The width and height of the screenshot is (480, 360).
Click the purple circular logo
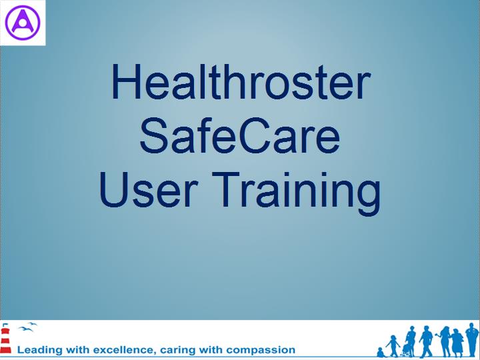(x=23, y=23)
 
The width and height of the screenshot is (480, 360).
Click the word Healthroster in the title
(x=241, y=81)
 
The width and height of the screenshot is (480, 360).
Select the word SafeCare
(x=240, y=136)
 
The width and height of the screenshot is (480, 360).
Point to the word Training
(x=296, y=193)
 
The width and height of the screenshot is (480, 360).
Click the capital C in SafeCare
(x=255, y=136)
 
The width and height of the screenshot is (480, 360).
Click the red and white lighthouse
(x=5, y=339)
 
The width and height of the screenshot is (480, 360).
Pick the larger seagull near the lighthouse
(x=25, y=329)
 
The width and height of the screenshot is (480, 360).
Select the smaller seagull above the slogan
(x=33, y=323)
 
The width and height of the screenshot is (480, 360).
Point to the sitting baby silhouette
(x=381, y=353)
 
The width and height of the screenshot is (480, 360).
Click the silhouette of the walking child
(x=393, y=346)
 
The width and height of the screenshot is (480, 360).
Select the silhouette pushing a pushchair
(x=409, y=341)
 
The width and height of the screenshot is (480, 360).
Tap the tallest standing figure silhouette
(x=472, y=340)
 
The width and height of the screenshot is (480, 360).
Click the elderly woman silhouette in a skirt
(x=457, y=343)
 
